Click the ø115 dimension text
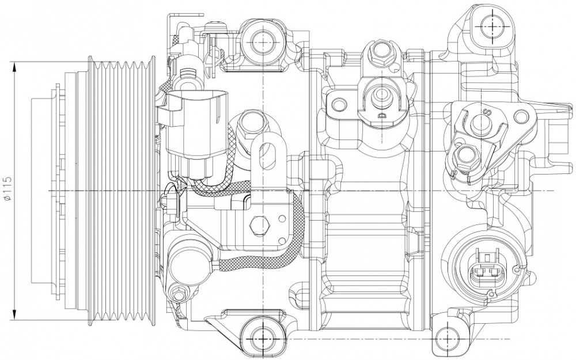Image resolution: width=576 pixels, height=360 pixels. (x=7, y=189)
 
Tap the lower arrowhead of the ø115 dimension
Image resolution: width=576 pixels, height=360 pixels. (x=15, y=315)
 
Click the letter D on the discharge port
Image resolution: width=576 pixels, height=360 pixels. (x=382, y=115)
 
